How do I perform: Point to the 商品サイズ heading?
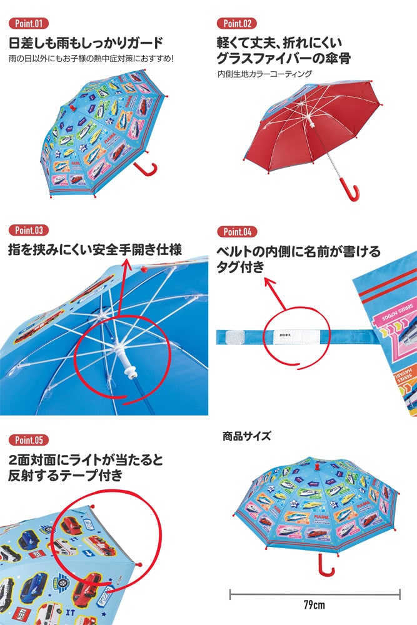tap(246, 436)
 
